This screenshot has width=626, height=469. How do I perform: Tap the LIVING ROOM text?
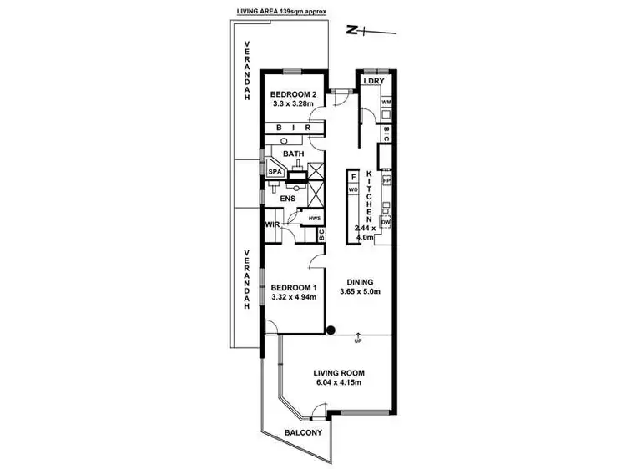tap(340, 373)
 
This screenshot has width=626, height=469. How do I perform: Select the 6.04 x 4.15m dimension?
tap(340, 383)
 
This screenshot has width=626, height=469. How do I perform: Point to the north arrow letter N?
tap(352, 30)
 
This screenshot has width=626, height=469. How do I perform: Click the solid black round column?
tap(331, 330)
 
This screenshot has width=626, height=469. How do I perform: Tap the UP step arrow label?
tap(357, 341)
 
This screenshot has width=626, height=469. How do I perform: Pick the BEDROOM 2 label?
tap(293, 95)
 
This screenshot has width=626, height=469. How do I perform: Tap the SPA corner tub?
tap(275, 171)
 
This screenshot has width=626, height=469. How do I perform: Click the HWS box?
tap(314, 219)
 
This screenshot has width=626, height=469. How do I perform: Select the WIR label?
tap(272, 224)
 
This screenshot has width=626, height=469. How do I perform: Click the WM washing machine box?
tap(386, 103)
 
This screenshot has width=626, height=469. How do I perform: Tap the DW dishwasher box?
tap(386, 223)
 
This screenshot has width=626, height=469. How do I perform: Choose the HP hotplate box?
tap(386, 180)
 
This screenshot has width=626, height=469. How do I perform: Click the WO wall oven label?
tap(354, 190)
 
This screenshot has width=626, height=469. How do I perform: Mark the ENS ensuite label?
tap(289, 199)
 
